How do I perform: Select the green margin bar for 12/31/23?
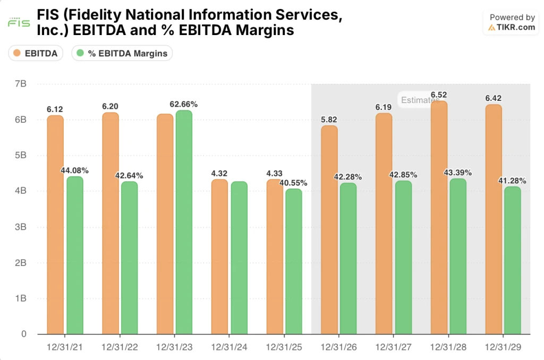183,222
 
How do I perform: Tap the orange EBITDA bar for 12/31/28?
439,218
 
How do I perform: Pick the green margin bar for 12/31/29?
512,260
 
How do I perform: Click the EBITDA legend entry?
36,53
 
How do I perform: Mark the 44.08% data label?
74,170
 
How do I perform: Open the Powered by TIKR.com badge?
512,23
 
